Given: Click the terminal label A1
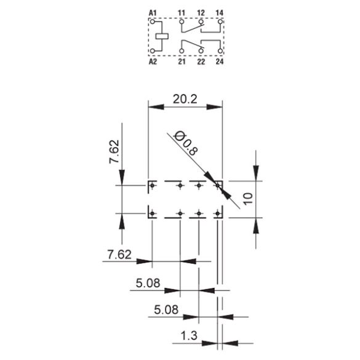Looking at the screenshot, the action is [153, 13].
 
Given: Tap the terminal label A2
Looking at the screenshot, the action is [153, 62].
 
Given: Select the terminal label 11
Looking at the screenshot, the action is [182, 13].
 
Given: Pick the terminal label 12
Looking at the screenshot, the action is [201, 13].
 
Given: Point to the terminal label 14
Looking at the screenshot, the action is [220, 13].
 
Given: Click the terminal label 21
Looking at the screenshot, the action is [182, 62].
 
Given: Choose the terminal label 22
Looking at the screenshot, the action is [201, 62].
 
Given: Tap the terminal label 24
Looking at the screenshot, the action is [220, 62].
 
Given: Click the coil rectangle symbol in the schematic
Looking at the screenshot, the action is [162, 36].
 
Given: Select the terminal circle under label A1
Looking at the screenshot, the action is [153, 22].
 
